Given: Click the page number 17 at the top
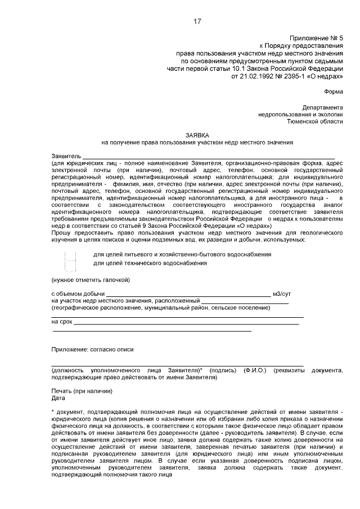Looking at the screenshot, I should coord(197,22).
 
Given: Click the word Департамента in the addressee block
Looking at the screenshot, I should coord(322,107).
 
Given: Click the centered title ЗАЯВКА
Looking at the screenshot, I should coord(197,136).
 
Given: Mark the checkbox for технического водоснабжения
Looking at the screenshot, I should coord(70,265).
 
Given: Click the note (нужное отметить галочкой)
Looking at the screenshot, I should coord(91,280).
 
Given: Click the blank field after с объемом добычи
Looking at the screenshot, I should coord(188,294).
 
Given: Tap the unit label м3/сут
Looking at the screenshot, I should coord(281,294).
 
